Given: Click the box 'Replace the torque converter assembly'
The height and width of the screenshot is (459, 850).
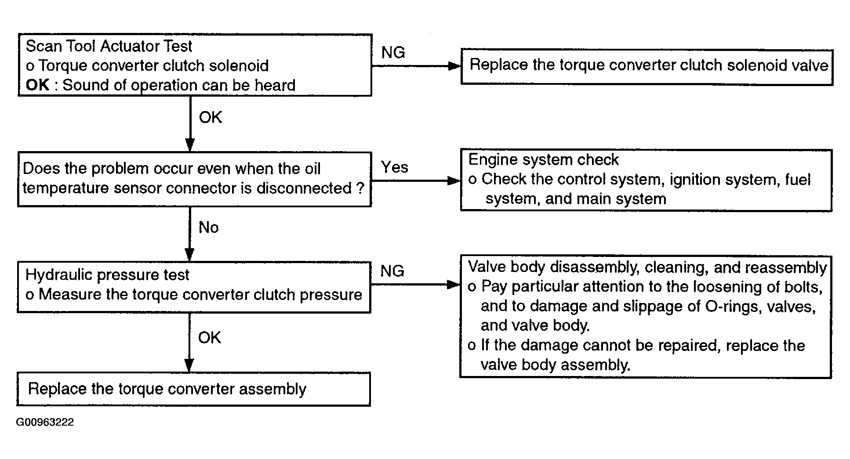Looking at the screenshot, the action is click(193, 389).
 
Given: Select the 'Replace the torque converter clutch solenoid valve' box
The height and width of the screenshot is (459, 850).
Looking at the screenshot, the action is click(647, 67).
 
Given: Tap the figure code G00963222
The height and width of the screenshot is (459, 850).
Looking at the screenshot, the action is click(45, 422).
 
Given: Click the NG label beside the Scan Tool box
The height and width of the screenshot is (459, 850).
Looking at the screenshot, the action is click(393, 53).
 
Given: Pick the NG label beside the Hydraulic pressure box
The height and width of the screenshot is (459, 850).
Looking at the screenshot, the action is click(392, 271).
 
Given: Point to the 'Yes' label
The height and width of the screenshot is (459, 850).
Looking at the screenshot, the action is click(394, 167).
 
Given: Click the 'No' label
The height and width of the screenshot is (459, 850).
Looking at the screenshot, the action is click(208, 228).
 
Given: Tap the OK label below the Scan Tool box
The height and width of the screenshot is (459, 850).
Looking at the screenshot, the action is click(210, 117).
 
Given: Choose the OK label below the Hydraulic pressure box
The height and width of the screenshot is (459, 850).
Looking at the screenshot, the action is click(209, 337).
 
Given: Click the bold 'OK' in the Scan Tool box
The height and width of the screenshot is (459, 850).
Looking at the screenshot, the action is click(37, 85).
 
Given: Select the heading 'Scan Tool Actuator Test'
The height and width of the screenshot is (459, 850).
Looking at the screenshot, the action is click(109, 46).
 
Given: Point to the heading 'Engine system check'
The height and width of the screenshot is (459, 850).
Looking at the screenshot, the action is click(544, 159).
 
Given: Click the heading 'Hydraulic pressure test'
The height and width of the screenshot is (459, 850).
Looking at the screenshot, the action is click(107, 275).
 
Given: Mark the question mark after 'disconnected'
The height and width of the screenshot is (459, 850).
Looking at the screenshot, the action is click(360, 188).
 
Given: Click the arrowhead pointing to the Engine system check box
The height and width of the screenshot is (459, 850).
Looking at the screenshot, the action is click(454, 181).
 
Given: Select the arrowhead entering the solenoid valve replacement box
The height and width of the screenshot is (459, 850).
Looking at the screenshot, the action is click(454, 66).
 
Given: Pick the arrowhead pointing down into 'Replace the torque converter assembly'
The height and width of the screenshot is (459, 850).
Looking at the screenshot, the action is click(189, 365).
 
